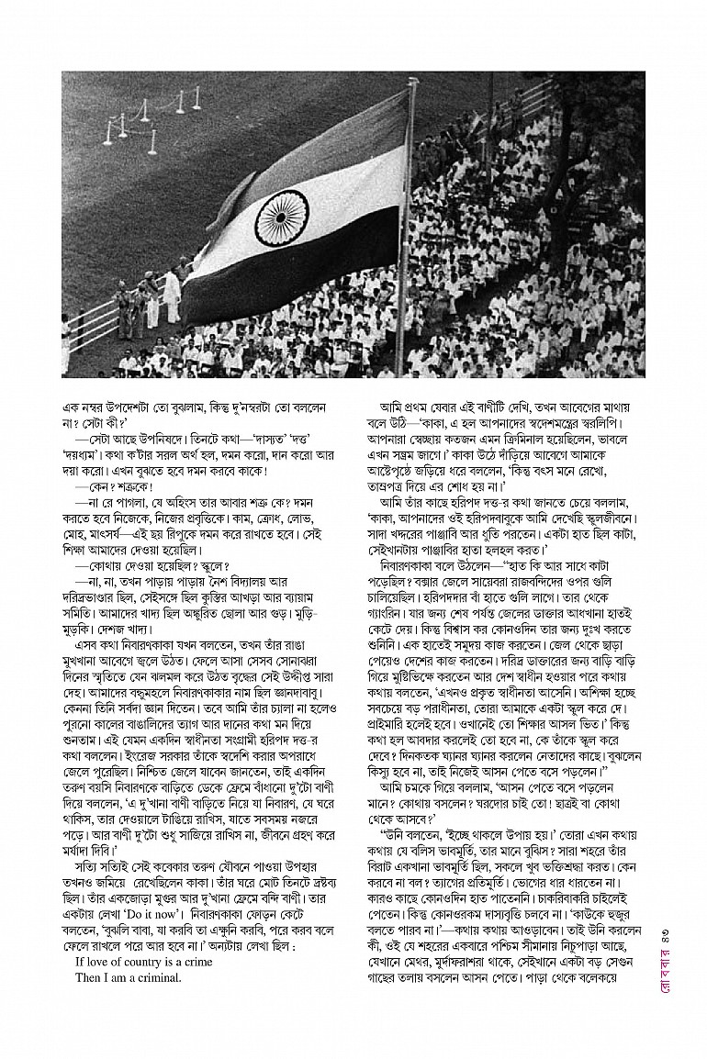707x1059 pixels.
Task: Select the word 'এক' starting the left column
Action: coord(72,405)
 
